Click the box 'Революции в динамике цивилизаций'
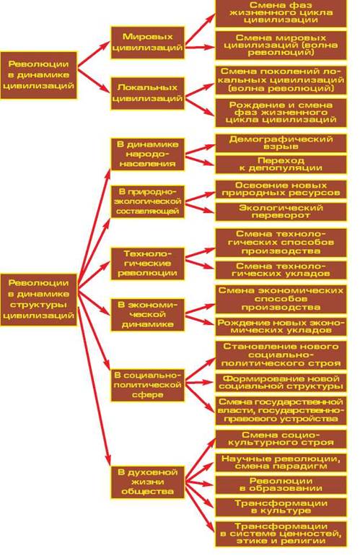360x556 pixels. [x=39, y=75]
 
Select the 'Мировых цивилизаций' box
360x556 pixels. [x=147, y=42]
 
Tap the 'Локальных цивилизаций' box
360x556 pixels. [x=147, y=93]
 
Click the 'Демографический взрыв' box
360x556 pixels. [x=281, y=143]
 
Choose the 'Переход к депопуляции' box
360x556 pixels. [x=281, y=165]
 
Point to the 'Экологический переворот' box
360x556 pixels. [x=281, y=212]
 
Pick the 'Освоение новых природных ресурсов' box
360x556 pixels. [x=281, y=189]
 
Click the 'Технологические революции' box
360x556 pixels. [x=147, y=264]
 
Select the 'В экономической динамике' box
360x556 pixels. [x=147, y=315]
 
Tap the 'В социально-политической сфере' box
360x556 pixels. [x=147, y=385]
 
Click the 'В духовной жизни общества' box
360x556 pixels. [x=147, y=482]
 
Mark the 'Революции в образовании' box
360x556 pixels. [x=281, y=485]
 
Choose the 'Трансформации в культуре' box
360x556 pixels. [x=281, y=507]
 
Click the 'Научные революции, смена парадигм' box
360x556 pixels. [x=281, y=462]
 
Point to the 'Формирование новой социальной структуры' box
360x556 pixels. [x=281, y=382]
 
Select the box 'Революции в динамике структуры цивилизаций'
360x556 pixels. [x=39, y=300]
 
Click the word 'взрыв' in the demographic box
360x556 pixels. [x=281, y=147]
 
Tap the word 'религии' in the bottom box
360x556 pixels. [x=307, y=541]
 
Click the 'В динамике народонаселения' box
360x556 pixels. [x=147, y=155]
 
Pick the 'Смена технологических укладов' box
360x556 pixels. [x=281, y=270]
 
